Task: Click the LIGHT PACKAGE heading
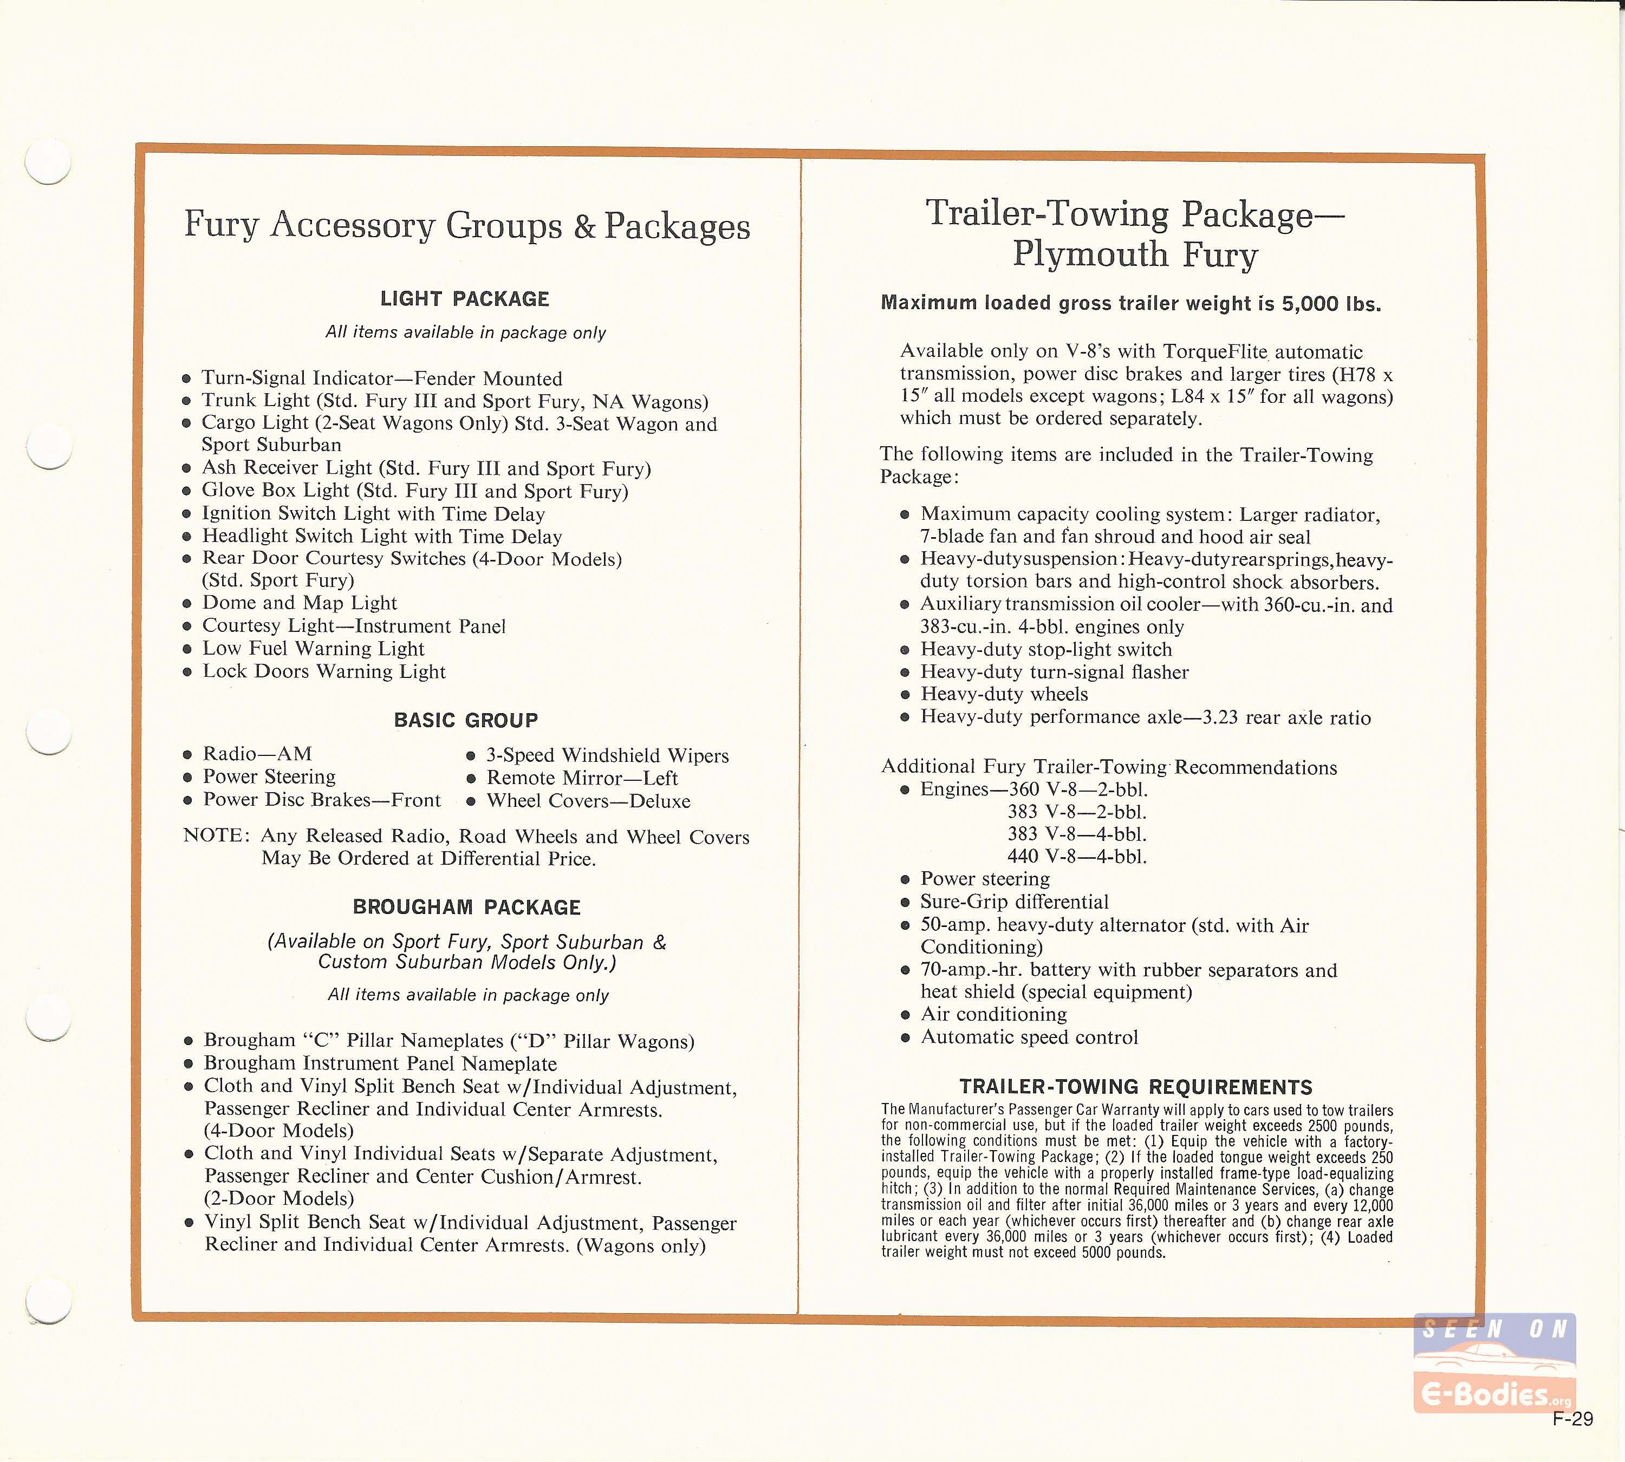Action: [x=465, y=299]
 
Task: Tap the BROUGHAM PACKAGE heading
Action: [x=466, y=907]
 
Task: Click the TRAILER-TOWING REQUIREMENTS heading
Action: [x=1135, y=1087]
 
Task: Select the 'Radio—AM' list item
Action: [x=257, y=754]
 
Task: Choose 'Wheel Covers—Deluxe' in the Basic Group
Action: [x=588, y=801]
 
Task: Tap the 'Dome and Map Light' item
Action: [x=300, y=603]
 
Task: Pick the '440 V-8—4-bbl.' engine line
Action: [x=1077, y=856]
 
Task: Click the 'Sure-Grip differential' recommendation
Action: [x=1014, y=902]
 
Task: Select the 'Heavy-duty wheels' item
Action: [x=1004, y=694]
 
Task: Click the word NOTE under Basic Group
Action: [x=213, y=836]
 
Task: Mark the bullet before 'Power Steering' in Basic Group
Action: [x=187, y=777]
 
